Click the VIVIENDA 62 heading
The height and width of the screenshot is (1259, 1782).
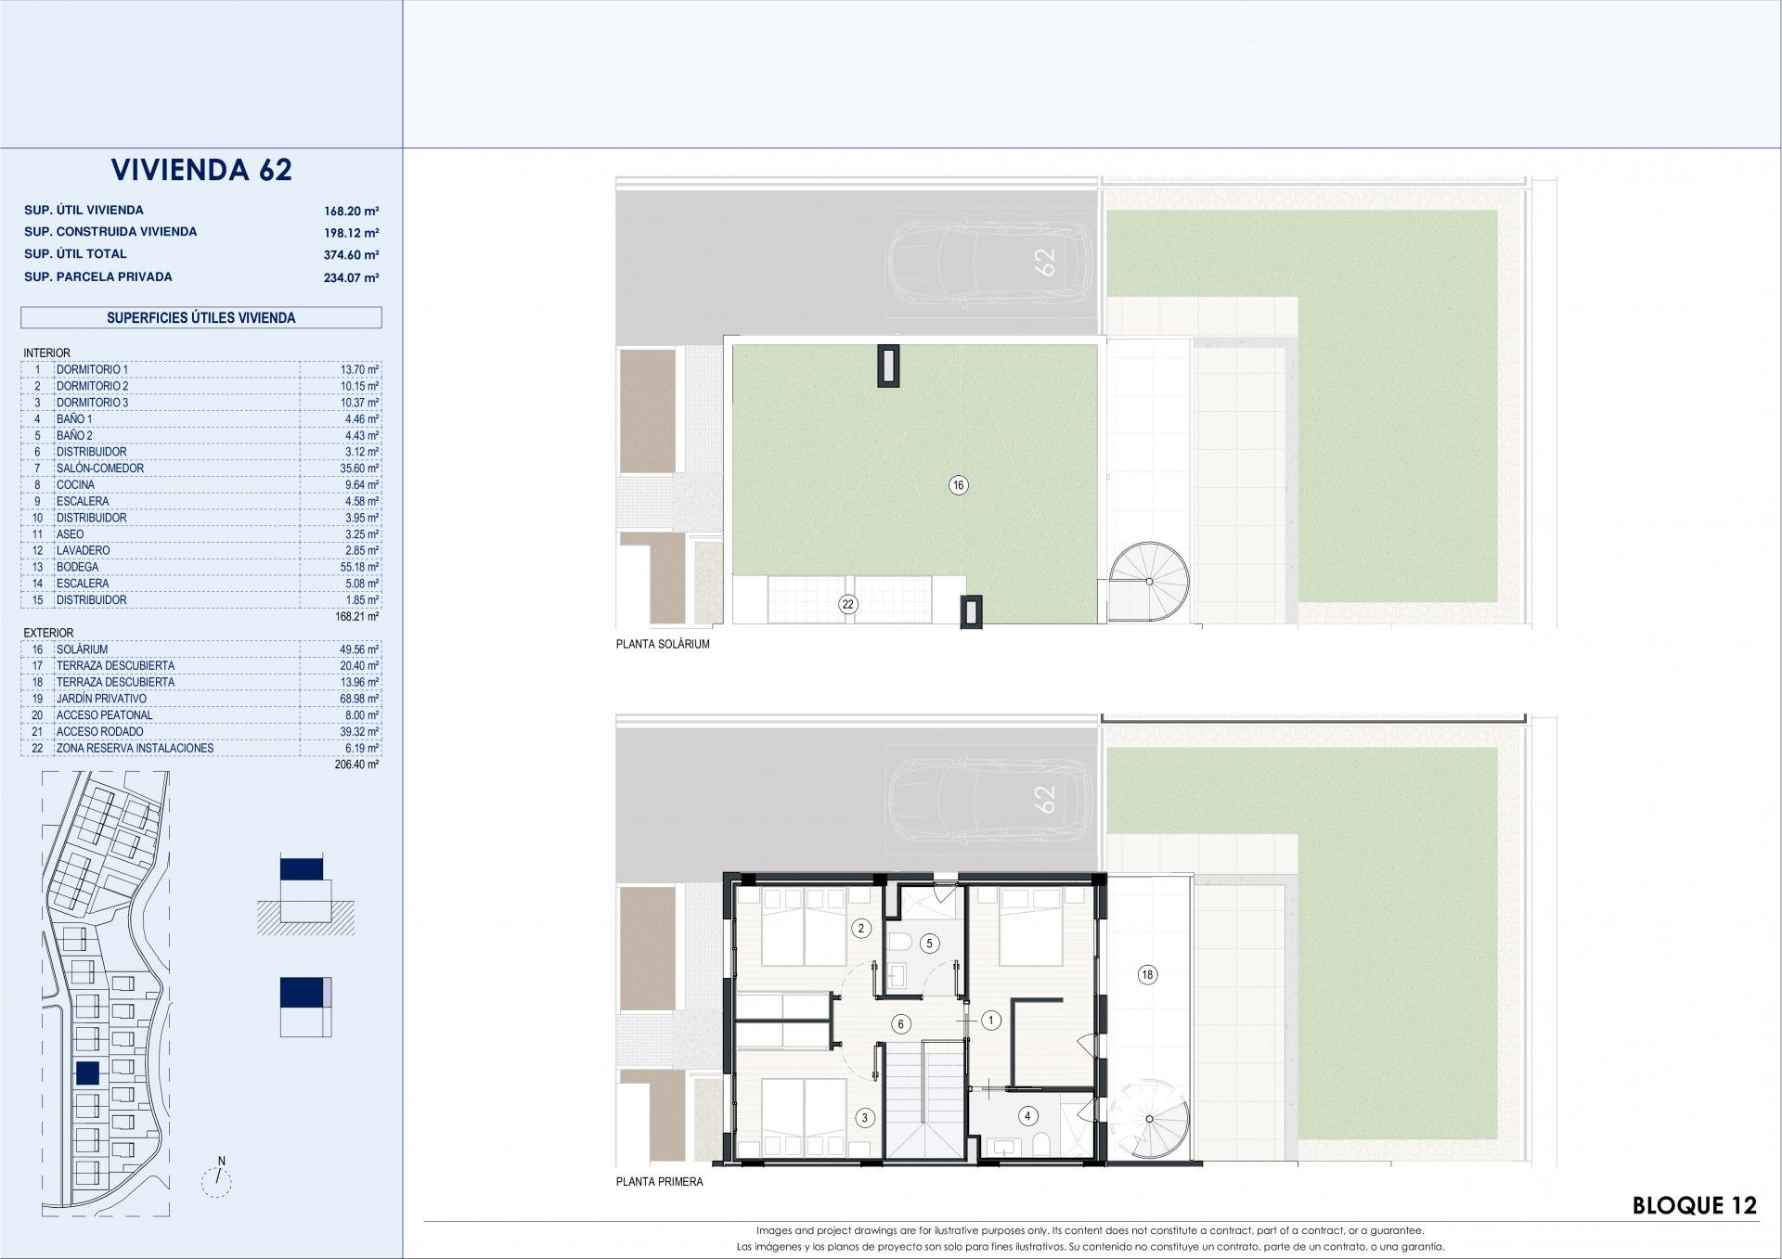pos(201,170)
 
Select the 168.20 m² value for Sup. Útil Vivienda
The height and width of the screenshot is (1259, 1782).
pos(351,211)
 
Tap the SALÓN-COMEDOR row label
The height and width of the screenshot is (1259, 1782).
pos(100,469)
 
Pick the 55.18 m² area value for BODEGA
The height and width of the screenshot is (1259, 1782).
pos(359,567)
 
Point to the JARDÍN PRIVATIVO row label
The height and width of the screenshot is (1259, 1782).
pos(101,699)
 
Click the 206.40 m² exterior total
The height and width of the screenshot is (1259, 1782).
pos(356,765)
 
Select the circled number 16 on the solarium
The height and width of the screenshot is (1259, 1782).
pos(959,484)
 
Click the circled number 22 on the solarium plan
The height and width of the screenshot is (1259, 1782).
pos(847,604)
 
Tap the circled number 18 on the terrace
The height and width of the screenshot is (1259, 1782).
pos(1148,974)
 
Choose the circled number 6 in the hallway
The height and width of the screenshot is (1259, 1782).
pos(900,1024)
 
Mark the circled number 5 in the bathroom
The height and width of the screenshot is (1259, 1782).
pos(930,944)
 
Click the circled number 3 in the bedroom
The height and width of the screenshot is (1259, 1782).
pos(864,1118)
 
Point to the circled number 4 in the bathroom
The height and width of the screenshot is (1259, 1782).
pos(1027,1116)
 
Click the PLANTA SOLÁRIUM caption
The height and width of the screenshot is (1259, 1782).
pos(663,644)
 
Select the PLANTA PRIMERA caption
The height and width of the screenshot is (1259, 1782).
pos(660,1182)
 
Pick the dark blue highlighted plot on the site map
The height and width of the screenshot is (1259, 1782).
pos(87,1073)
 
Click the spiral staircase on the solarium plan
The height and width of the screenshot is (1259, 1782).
pos(1150,581)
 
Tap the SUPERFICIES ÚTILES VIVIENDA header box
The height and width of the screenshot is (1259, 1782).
pos(201,317)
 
